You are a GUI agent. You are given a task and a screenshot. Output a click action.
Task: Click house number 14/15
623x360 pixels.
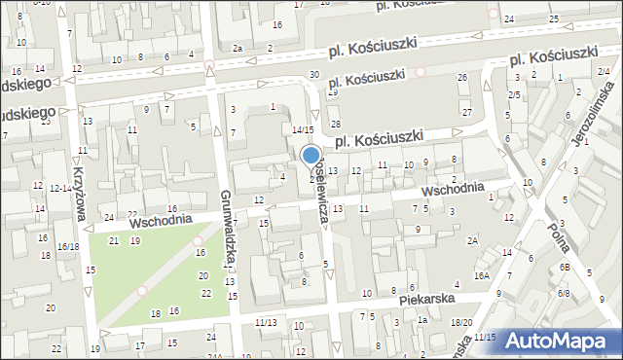(303, 129)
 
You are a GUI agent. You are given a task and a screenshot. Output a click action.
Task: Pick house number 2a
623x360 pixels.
(237, 48)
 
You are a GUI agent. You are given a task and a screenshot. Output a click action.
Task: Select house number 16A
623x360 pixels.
(482, 275)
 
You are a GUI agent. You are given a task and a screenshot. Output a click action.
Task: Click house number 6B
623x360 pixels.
(564, 268)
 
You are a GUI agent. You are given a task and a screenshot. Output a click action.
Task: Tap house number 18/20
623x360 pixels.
(461, 322)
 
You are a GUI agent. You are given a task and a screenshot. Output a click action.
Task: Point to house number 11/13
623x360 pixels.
(265, 322)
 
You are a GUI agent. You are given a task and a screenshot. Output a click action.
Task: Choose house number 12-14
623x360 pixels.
(59, 188)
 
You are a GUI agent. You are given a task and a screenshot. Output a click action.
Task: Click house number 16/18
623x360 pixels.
(67, 247)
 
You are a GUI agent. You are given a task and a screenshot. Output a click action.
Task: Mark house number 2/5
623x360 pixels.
(513, 94)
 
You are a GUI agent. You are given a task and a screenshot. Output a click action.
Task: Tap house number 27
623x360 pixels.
(467, 113)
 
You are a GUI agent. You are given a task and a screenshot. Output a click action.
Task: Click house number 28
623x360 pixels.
(335, 125)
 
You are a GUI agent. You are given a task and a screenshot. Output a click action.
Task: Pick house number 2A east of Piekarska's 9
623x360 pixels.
(472, 240)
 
